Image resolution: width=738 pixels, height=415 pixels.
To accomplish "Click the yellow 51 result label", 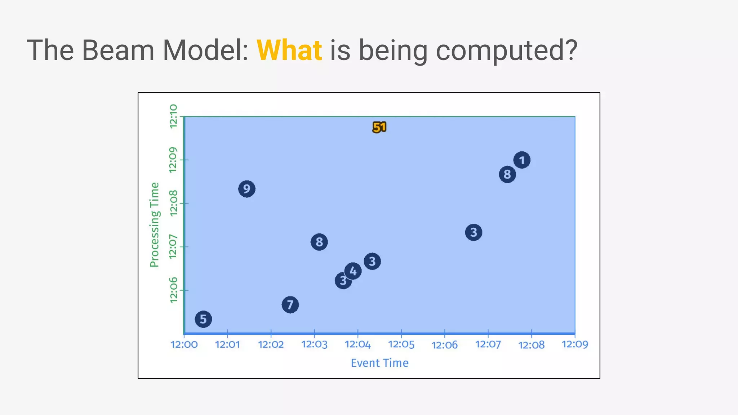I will point(379,127).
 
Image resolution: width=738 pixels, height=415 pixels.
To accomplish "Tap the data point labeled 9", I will point(247,189).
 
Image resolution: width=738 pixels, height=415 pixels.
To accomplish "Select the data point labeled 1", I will point(522,160).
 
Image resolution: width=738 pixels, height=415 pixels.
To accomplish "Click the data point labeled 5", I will point(203,319).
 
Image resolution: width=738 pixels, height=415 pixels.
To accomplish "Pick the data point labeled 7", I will point(290,305).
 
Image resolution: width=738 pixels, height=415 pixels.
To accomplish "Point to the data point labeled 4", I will point(353,271).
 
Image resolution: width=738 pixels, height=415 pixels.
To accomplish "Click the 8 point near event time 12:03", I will point(319,242).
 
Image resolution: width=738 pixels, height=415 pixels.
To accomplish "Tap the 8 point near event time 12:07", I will point(507,174).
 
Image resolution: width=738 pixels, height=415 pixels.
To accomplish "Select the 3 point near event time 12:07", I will point(474,232).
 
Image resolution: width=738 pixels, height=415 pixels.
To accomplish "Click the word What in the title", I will point(289,50).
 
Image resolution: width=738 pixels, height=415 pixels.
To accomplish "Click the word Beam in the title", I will point(118,50).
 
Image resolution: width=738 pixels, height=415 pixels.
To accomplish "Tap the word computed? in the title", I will point(506,50).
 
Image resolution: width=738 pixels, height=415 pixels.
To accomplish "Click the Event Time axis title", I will point(379,363).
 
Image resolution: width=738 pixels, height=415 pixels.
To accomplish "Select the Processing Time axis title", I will point(154,225).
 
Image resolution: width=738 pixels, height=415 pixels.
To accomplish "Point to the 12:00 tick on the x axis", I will point(184,344).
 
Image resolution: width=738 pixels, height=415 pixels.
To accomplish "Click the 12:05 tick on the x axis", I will point(401,344).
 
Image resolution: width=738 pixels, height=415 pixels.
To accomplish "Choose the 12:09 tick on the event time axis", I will point(575,344).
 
